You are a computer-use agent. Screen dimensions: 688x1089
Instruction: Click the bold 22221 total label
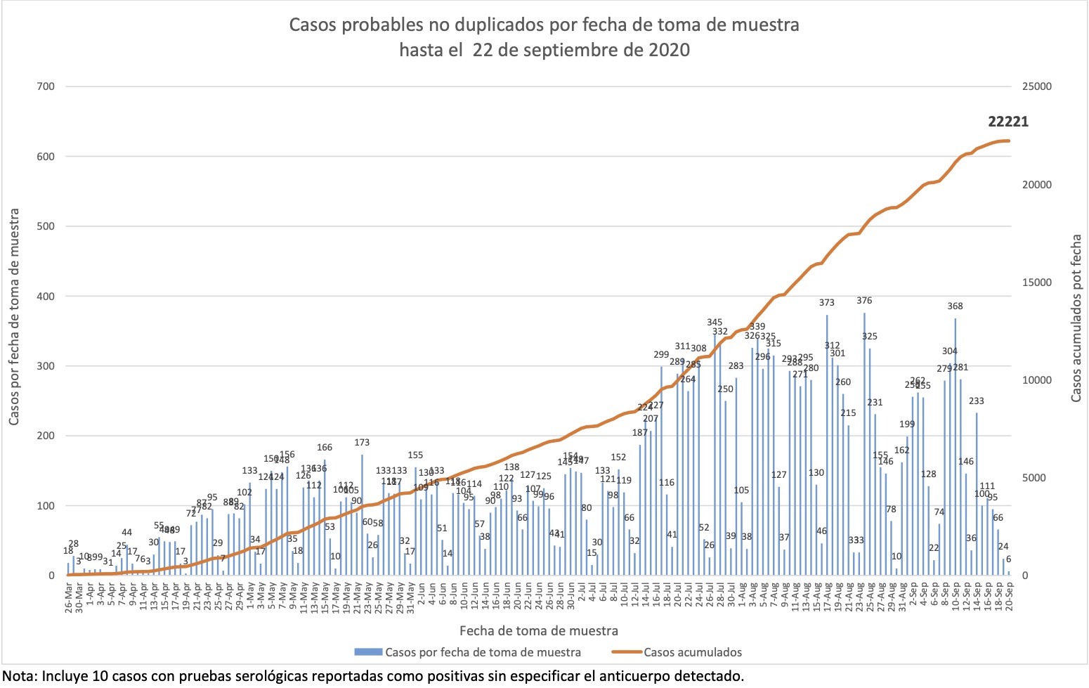(x=1008, y=122)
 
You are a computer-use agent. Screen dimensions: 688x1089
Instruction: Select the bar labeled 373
(x=827, y=445)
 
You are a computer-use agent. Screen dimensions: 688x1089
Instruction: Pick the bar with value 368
(x=955, y=447)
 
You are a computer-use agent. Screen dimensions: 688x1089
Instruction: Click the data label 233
(x=977, y=401)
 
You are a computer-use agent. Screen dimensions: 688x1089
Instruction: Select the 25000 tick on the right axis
(x=1037, y=86)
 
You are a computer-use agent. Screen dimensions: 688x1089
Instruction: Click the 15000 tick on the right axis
(x=1037, y=283)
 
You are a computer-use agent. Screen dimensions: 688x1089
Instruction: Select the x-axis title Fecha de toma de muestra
(x=539, y=630)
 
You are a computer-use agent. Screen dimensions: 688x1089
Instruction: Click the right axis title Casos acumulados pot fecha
(x=1076, y=318)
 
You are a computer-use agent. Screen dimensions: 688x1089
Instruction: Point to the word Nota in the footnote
(x=20, y=676)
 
